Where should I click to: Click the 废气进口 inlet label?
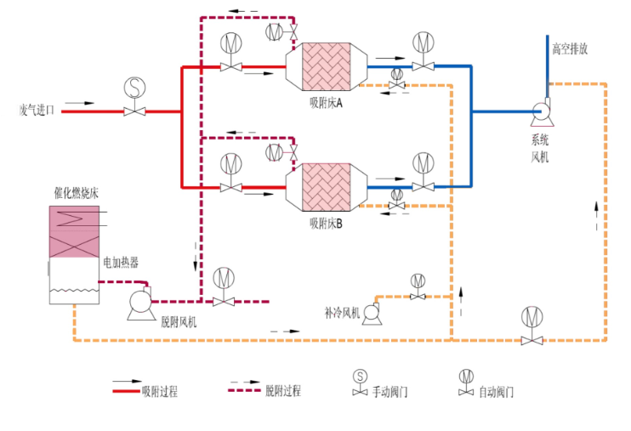tap(37, 110)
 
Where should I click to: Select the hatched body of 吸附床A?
tap(327, 67)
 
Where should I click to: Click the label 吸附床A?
tap(326, 104)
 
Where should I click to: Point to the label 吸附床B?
tap(326, 224)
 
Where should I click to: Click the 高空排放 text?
tap(570, 48)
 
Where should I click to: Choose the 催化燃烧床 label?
tap(76, 193)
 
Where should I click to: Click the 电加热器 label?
tap(121, 262)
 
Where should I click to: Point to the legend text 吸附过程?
tap(160, 392)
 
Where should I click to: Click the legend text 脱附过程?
tap(283, 392)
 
